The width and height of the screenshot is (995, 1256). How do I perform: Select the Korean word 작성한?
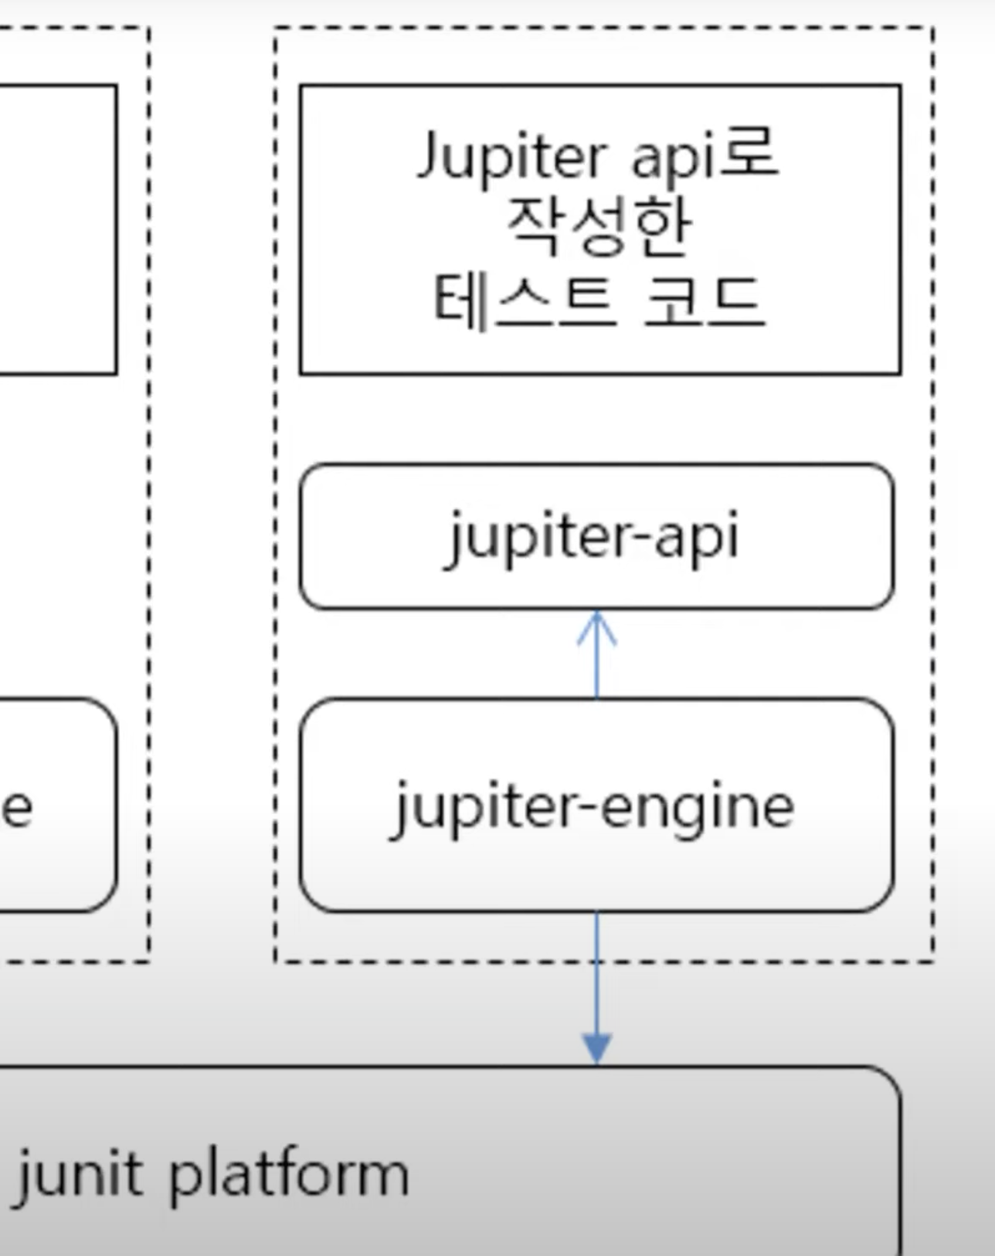(597, 227)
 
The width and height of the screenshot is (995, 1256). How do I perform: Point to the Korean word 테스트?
(525, 300)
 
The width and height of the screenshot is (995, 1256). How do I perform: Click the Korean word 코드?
(703, 300)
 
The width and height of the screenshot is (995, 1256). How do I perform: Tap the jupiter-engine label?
(594, 806)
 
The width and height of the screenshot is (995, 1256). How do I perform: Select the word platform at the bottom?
(288, 1174)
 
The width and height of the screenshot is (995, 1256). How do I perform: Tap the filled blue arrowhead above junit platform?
(596, 1049)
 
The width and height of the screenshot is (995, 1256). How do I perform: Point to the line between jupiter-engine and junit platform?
(596, 981)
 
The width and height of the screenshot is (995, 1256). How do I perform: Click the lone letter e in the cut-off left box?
(17, 808)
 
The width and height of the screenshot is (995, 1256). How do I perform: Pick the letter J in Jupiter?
(430, 155)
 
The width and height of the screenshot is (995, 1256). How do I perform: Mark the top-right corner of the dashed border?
(933, 28)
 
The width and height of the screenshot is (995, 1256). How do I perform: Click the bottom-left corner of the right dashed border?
(276, 961)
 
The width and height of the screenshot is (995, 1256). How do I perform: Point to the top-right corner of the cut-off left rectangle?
(117, 87)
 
